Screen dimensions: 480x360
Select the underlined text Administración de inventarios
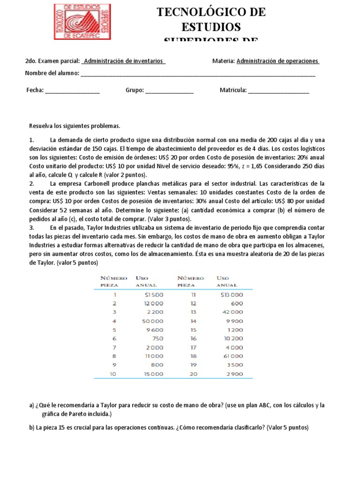point(124,61)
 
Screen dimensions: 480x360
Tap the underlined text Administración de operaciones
point(278,61)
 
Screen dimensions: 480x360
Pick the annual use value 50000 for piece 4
point(152,321)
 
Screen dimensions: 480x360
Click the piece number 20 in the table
point(193,374)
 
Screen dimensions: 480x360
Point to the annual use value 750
point(157,339)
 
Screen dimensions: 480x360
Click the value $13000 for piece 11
point(232,295)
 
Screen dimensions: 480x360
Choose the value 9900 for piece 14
point(234,321)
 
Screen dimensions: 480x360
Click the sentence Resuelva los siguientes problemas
point(75,126)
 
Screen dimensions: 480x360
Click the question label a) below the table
point(31,405)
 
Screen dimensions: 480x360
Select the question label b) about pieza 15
point(31,428)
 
